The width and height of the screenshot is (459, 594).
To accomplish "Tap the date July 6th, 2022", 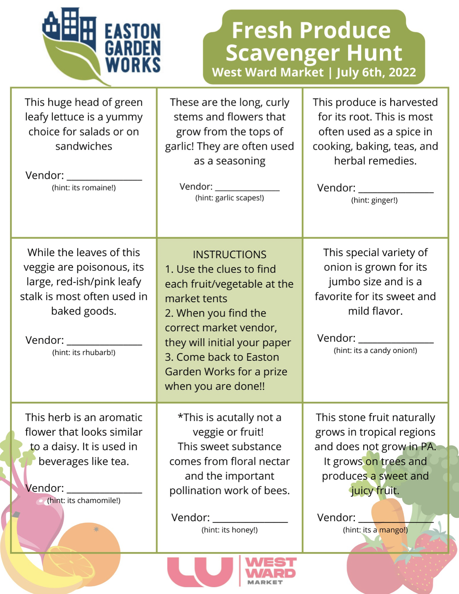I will pyautogui.click(x=376, y=72).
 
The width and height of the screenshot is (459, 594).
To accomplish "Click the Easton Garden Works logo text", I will pyautogui.click(x=133, y=48).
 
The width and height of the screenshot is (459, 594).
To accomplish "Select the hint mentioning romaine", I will pyautogui.click(x=84, y=188).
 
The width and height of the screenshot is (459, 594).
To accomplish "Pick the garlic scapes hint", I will pyautogui.click(x=229, y=198).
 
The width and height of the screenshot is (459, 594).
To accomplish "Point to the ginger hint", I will pyautogui.click(x=374, y=200).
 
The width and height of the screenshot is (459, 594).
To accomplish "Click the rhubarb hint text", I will pyautogui.click(x=84, y=353).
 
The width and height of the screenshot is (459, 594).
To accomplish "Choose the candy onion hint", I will pyautogui.click(x=375, y=351).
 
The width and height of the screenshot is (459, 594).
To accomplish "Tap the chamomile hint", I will pyautogui.click(x=84, y=501).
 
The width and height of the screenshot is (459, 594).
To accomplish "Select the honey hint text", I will pyautogui.click(x=229, y=530).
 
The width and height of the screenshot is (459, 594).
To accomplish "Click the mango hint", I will pyautogui.click(x=375, y=530).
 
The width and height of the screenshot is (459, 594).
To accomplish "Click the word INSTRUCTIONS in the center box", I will pyautogui.click(x=229, y=254).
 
